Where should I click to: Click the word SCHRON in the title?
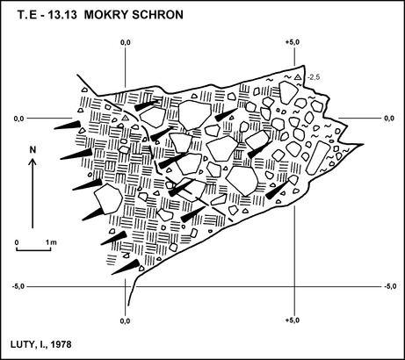157,15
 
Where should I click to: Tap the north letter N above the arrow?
33,150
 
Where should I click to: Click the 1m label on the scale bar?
51,242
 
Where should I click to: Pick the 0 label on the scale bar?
17,242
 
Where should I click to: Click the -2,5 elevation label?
314,77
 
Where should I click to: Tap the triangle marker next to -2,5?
298,77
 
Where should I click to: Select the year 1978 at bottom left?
61,344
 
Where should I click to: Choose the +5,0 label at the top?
293,42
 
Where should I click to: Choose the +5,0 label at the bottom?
293,320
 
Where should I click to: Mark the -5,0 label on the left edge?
18,286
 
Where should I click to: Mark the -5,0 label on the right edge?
390,286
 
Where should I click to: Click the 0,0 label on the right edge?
389,119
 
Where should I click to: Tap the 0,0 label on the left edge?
19,119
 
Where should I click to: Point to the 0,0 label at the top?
126,42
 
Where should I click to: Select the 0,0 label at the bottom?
125,321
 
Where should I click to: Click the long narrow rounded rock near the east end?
316,158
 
